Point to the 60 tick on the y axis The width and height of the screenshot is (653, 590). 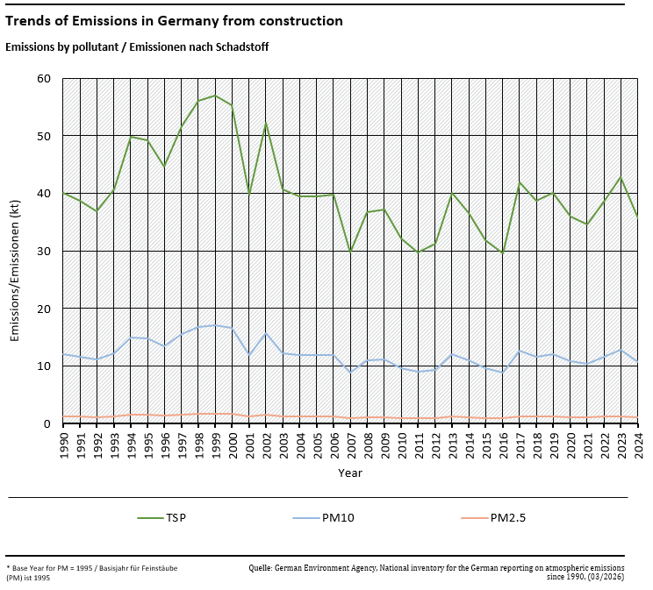[45, 79]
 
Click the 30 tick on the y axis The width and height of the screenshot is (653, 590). [45, 252]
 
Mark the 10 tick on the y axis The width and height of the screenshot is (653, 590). [45, 366]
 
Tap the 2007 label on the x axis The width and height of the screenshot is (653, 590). [350, 445]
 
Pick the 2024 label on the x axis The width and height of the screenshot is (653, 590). [638, 445]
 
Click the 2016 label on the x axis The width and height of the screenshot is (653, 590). [503, 445]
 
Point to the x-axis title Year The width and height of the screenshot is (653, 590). [350, 473]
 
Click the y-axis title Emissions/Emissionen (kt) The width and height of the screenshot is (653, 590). [15, 251]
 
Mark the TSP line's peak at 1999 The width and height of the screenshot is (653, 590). [215, 95]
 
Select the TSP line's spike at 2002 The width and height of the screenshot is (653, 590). [266, 124]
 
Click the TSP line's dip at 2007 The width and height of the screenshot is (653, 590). [350, 252]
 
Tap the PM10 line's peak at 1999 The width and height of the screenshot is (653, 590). [215, 325]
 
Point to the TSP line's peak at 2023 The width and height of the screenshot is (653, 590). [621, 177]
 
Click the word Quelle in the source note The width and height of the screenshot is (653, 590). [260, 568]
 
